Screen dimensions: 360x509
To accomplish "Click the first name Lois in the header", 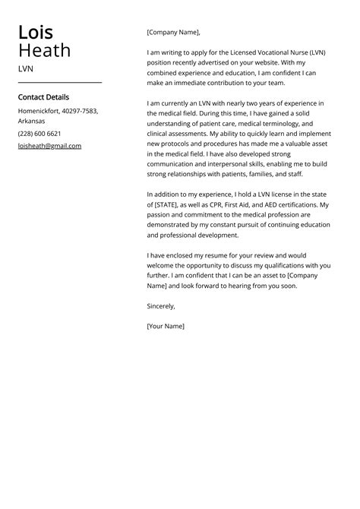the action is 36,33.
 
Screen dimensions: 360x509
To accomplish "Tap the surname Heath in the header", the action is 45,51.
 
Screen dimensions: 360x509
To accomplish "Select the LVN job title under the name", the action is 26,68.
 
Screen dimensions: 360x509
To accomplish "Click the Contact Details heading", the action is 43,97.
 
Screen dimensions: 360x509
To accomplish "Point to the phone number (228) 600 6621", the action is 39,133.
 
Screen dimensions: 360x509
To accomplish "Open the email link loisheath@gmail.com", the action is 49,146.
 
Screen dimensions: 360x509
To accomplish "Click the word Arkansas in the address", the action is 31,121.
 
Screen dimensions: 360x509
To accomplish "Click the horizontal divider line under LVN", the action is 59,82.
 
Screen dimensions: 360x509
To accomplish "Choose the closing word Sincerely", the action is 161,306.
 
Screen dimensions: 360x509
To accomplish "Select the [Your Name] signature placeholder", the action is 166,326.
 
